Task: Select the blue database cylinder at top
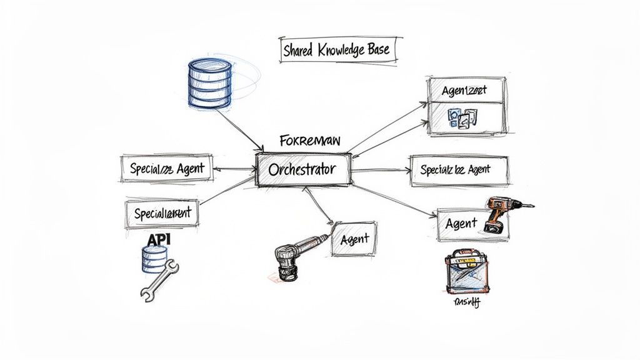click(209, 83)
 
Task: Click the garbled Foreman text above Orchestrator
click(310, 141)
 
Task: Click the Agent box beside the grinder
click(354, 239)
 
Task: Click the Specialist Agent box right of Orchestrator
click(459, 170)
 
